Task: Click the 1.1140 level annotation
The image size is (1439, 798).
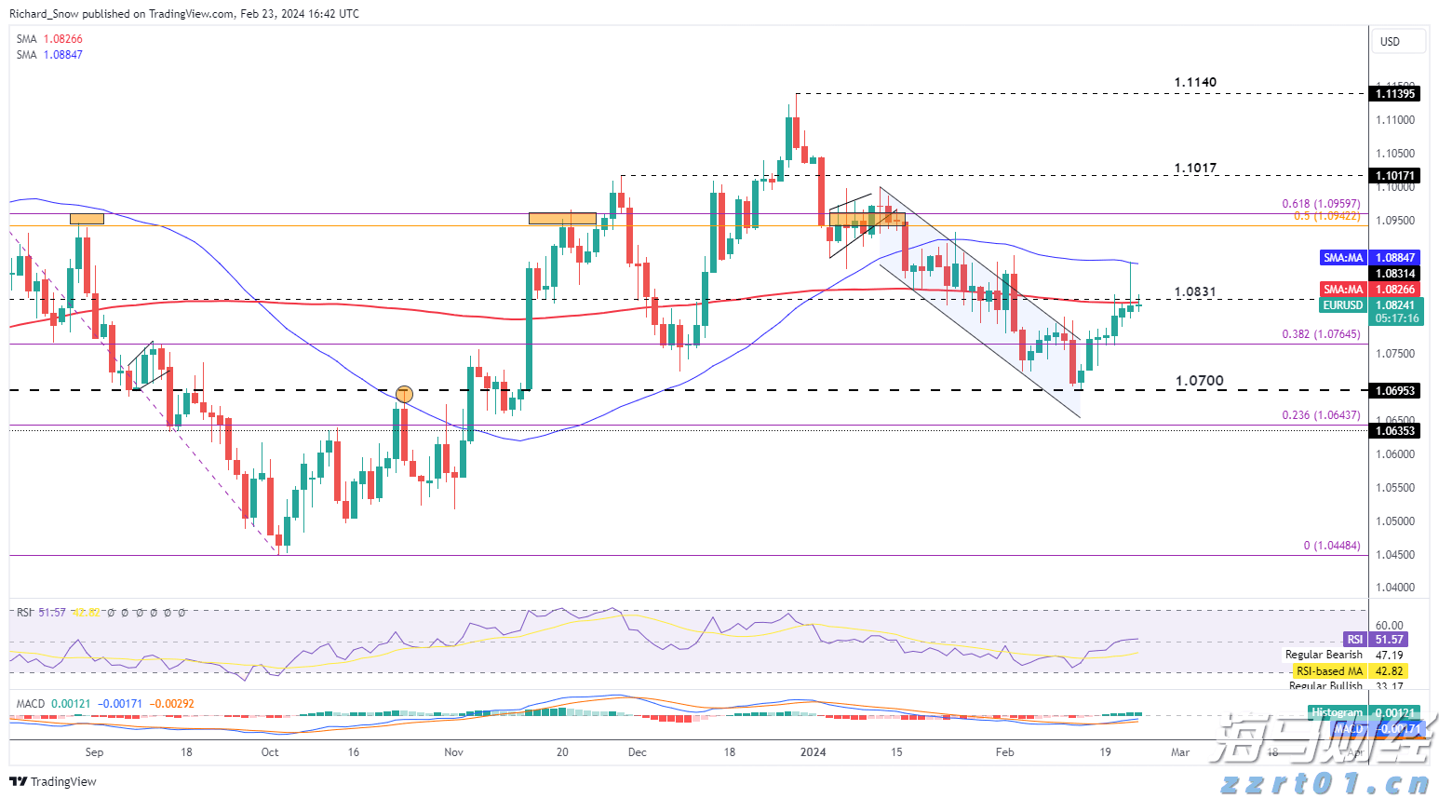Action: (x=1195, y=83)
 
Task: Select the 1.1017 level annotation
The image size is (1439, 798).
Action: (x=1195, y=169)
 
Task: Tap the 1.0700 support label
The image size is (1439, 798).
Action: (x=1200, y=381)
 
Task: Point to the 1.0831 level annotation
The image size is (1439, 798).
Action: (x=1195, y=292)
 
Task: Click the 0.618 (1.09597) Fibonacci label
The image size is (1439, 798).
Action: (x=1321, y=204)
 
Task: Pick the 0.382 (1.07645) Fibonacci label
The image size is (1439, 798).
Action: (x=1321, y=334)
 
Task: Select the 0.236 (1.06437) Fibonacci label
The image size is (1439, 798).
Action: (x=1321, y=415)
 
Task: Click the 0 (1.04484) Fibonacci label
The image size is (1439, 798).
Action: (x=1331, y=546)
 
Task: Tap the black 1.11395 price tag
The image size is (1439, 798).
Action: (x=1395, y=93)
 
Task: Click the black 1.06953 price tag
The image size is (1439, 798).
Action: (x=1395, y=390)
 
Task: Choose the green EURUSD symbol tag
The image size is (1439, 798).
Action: (x=1343, y=305)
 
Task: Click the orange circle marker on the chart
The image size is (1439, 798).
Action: (x=404, y=394)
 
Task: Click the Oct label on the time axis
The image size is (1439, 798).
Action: (x=270, y=752)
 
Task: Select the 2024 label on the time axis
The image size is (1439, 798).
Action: (x=814, y=752)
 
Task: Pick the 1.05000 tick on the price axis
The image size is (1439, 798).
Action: (x=1395, y=521)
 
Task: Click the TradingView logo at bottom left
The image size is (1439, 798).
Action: (x=54, y=781)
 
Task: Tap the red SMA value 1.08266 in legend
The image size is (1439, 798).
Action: (x=62, y=39)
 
